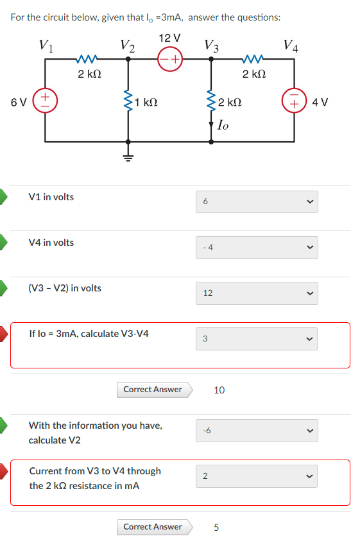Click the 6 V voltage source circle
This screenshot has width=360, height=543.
coord(44,101)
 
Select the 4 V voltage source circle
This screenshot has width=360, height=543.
coord(295,101)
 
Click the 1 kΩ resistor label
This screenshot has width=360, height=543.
coord(147,101)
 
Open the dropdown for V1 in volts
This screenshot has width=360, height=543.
coord(257,202)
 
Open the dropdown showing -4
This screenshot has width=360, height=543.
coord(257,247)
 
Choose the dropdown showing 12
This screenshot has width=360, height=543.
coord(257,293)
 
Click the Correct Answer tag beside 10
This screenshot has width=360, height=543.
coord(153,389)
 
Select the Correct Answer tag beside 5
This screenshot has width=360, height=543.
coord(153,527)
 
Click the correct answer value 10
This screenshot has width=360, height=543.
coord(219,390)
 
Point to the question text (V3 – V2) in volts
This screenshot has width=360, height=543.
coord(65,288)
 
